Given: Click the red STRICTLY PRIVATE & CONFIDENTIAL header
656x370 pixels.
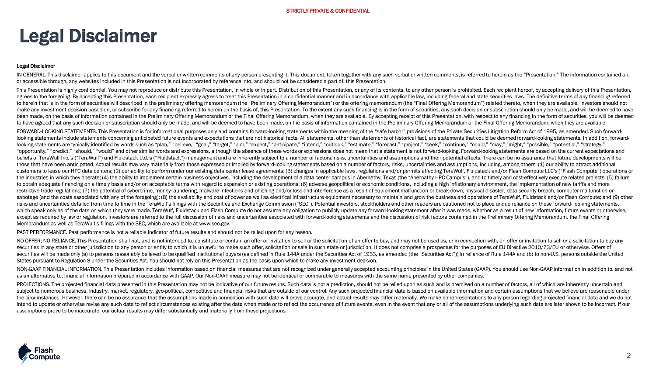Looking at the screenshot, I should (328, 11).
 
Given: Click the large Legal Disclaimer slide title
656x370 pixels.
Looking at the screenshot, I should (88, 37).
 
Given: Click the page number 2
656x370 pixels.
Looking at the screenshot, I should (628, 355).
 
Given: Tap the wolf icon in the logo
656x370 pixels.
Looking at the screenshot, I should (24, 353).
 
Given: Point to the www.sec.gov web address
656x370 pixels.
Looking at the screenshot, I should (214, 224).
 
